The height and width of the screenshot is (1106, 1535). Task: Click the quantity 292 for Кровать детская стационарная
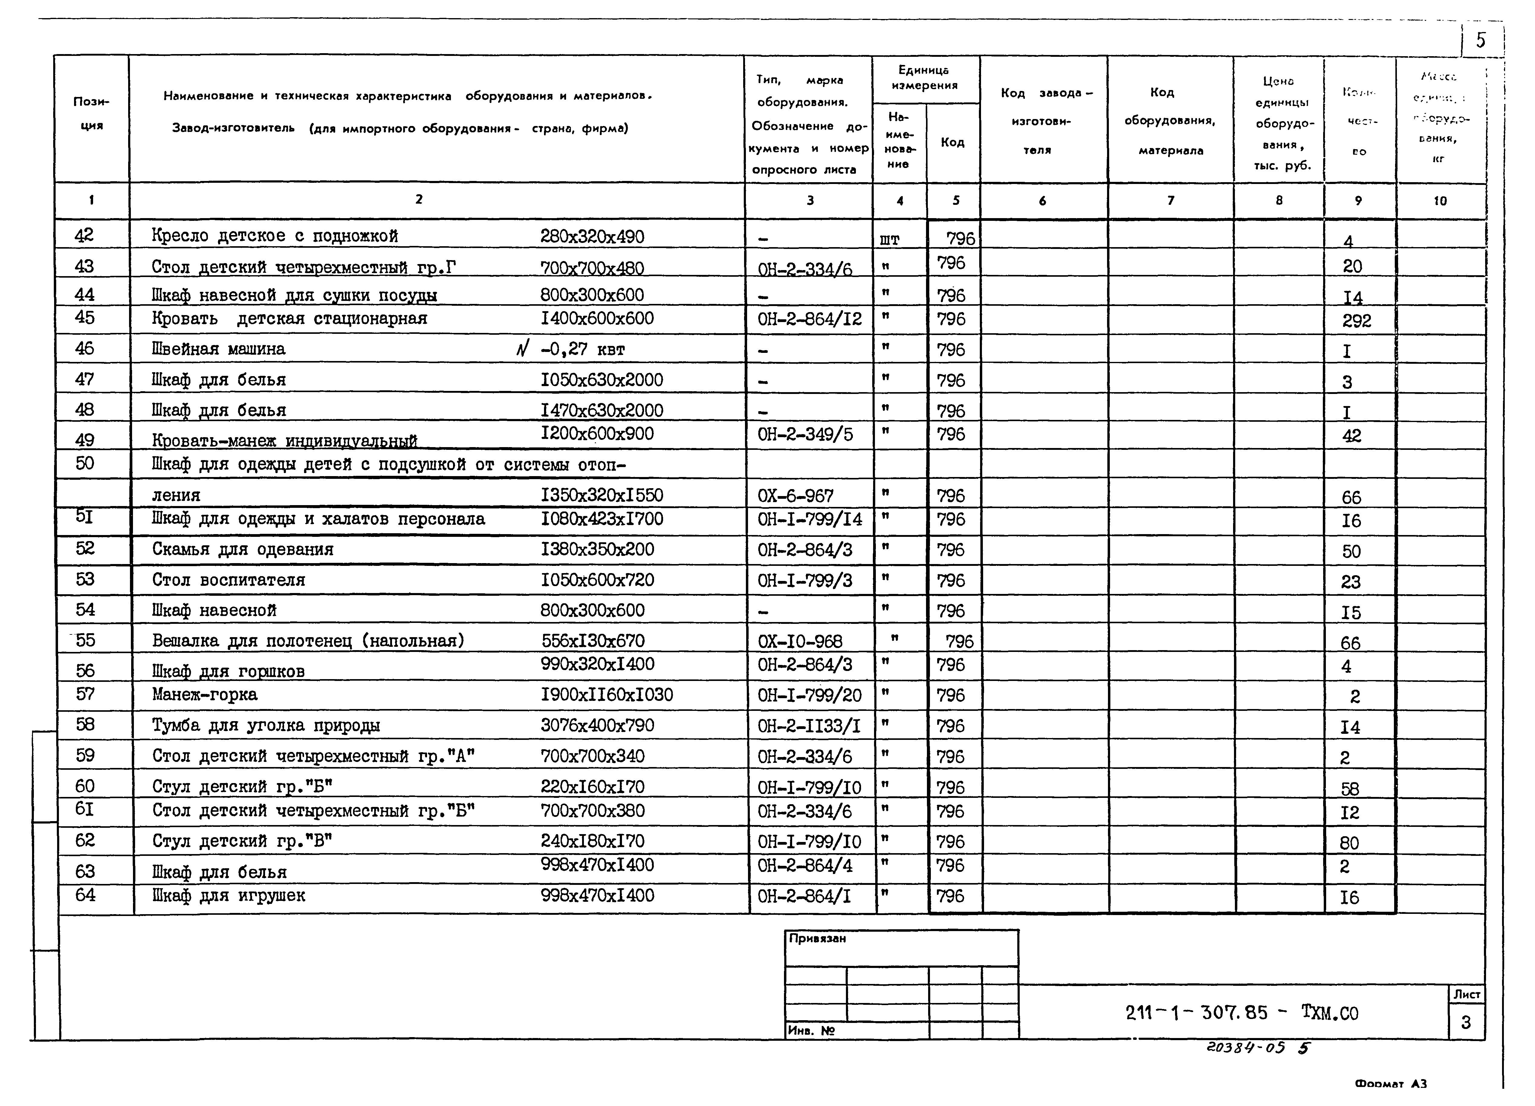[1356, 321]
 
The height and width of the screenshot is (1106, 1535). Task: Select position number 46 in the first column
[85, 348]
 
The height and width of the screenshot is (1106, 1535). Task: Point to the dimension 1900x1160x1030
[607, 695]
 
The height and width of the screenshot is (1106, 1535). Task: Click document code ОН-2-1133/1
[809, 726]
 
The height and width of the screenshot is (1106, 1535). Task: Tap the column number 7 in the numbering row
[1170, 200]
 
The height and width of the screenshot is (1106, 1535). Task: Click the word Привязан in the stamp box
[818, 939]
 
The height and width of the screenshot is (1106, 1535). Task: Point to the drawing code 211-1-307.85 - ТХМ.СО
[1241, 1013]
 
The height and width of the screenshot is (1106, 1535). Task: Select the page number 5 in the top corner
[1481, 40]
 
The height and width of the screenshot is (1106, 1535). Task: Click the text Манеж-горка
[204, 695]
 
